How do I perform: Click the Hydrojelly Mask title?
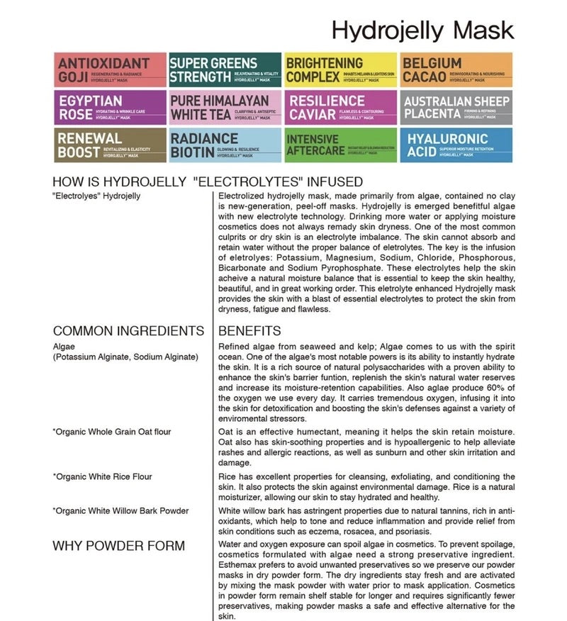coord(422,30)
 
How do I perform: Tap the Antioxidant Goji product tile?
coord(110,69)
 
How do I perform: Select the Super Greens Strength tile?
coord(225,69)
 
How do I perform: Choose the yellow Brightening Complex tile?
coord(340,69)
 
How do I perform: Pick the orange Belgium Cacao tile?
coord(456,69)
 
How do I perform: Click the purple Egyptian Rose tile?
coord(110,107)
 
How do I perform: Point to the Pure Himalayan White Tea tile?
coord(225,107)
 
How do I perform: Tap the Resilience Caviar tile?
coord(340,107)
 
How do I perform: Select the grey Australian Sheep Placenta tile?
coord(456,107)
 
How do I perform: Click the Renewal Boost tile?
coord(110,145)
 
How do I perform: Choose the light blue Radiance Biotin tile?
coord(225,145)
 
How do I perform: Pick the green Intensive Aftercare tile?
coord(340,145)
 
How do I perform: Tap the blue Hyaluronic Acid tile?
coord(456,145)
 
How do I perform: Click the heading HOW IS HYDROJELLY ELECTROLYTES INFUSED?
coord(208,181)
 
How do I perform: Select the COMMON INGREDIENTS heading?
coord(128,330)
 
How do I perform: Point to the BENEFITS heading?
coord(249,330)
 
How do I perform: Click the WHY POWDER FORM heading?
coord(118,545)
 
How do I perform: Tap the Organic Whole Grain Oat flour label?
coord(112,432)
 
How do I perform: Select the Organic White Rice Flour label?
coord(103,476)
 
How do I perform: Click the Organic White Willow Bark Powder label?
coord(120,510)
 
